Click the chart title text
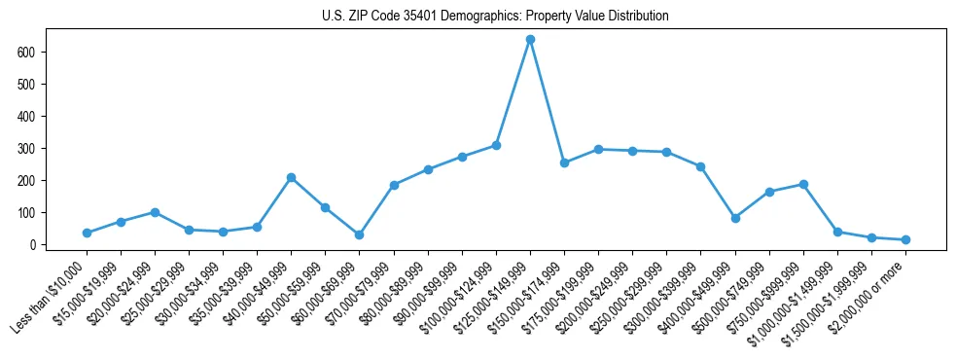(495, 17)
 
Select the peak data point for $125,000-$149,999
(530, 40)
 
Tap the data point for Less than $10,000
(87, 233)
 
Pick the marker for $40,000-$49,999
(291, 178)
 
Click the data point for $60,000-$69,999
(359, 234)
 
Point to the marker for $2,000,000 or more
(905, 239)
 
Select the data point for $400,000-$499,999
(735, 218)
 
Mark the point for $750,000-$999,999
(803, 184)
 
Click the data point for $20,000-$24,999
(155, 212)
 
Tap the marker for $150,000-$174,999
(564, 162)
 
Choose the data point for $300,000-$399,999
(700, 166)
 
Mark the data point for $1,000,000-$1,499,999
(837, 232)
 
